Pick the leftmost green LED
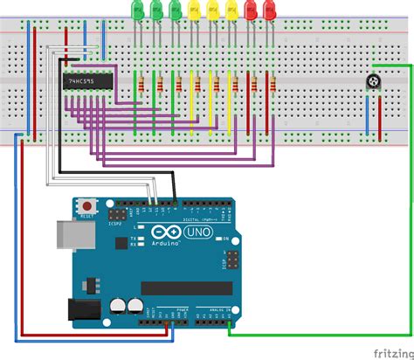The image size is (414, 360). click(x=136, y=10)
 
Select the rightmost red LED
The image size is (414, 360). click(x=270, y=10)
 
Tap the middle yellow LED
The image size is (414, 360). click(x=213, y=10)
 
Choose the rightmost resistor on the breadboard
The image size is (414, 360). click(x=273, y=85)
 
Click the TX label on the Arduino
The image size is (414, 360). click(x=133, y=238)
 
